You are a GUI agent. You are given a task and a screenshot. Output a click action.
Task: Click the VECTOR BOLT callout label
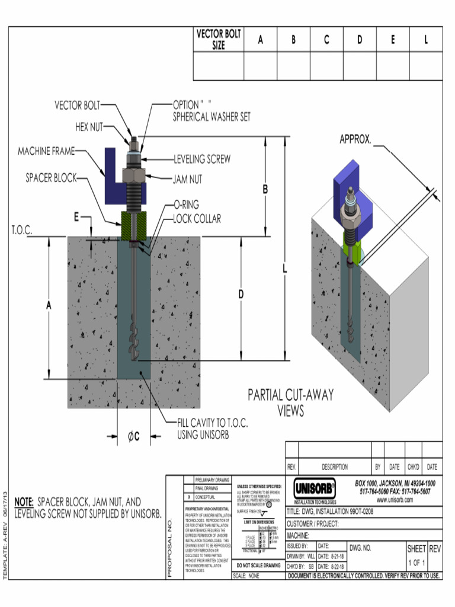tap(77, 106)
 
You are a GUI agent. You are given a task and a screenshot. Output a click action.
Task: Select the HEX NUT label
tap(89, 127)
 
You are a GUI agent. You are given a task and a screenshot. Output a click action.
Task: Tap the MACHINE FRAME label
tap(46, 152)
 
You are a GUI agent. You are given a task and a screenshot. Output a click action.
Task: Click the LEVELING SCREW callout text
tap(202, 159)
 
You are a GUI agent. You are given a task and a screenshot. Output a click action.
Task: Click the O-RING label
tap(187, 205)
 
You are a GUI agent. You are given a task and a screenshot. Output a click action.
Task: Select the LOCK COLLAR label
tap(197, 219)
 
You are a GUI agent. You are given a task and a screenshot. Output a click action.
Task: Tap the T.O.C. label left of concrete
tap(21, 230)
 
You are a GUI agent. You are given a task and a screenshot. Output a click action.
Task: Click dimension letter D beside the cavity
tap(241, 294)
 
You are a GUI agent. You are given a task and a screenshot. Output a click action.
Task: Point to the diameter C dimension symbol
tap(133, 437)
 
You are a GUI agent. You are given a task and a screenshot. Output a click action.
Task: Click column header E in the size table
tap(393, 40)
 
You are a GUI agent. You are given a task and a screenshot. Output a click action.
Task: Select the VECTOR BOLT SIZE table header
tap(219, 40)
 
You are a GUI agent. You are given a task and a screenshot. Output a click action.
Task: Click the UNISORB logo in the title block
tap(315, 489)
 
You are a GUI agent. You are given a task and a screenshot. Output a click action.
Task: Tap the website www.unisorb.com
tap(395, 500)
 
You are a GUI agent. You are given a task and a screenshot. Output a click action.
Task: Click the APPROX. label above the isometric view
tap(355, 140)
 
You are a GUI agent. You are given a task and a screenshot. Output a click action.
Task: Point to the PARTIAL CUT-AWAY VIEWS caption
tap(290, 402)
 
